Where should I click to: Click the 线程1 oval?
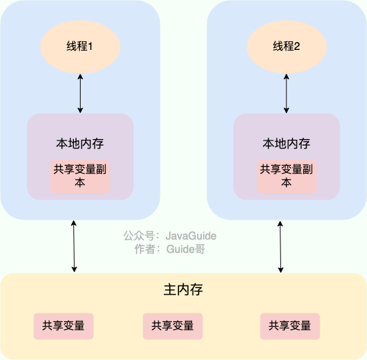[80, 47]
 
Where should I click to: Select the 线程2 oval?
[286, 47]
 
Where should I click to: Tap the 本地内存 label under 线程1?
[80, 144]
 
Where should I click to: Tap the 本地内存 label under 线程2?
[286, 144]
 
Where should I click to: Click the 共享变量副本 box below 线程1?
[80, 176]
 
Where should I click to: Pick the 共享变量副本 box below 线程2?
[286, 176]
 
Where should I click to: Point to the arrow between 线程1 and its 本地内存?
[80, 94]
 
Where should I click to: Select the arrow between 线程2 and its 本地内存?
[286, 94]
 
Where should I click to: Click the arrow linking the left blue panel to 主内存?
[74, 246]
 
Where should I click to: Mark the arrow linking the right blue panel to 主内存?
[280, 246]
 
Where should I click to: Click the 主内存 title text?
[183, 290]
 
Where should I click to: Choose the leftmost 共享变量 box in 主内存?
[63, 326]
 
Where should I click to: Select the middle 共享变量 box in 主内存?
[173, 326]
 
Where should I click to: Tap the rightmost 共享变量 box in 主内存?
[290, 326]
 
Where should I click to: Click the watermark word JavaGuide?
[191, 236]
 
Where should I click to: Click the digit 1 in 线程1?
[91, 47]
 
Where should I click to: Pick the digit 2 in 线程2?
[298, 47]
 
